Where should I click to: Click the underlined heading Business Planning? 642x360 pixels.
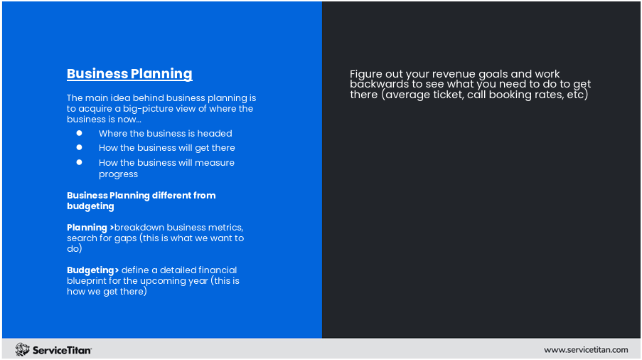tap(129, 74)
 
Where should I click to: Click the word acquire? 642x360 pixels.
tap(96, 109)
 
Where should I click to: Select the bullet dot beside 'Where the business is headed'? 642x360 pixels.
tap(80, 133)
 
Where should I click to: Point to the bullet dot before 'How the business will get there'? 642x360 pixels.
tap(80, 147)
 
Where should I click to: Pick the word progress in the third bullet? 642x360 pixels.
tap(118, 174)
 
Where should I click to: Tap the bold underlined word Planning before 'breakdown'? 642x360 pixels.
tap(87, 228)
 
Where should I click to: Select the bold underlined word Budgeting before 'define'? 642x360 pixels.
tap(90, 270)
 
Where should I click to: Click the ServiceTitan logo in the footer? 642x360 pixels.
tap(53, 349)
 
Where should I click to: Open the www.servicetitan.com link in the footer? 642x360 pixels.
tap(586, 349)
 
